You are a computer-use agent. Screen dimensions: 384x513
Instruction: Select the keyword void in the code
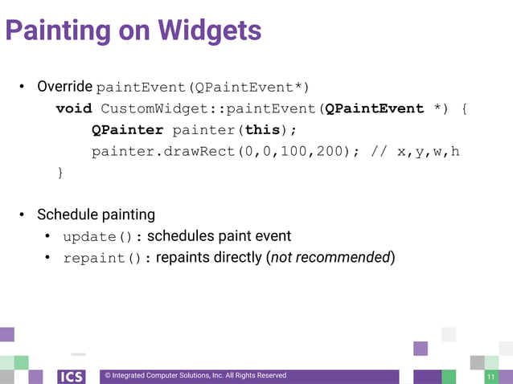[74, 108]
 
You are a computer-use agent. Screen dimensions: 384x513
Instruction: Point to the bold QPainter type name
[128, 130]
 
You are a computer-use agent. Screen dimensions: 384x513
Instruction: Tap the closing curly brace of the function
[60, 173]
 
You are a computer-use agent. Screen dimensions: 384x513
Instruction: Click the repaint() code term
[100, 259]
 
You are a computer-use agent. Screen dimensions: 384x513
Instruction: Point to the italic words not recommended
[330, 258]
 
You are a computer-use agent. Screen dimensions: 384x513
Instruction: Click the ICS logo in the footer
[71, 376]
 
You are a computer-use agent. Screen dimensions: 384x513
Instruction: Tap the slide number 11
[490, 377]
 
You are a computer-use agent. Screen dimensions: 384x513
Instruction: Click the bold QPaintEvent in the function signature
[374, 108]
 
